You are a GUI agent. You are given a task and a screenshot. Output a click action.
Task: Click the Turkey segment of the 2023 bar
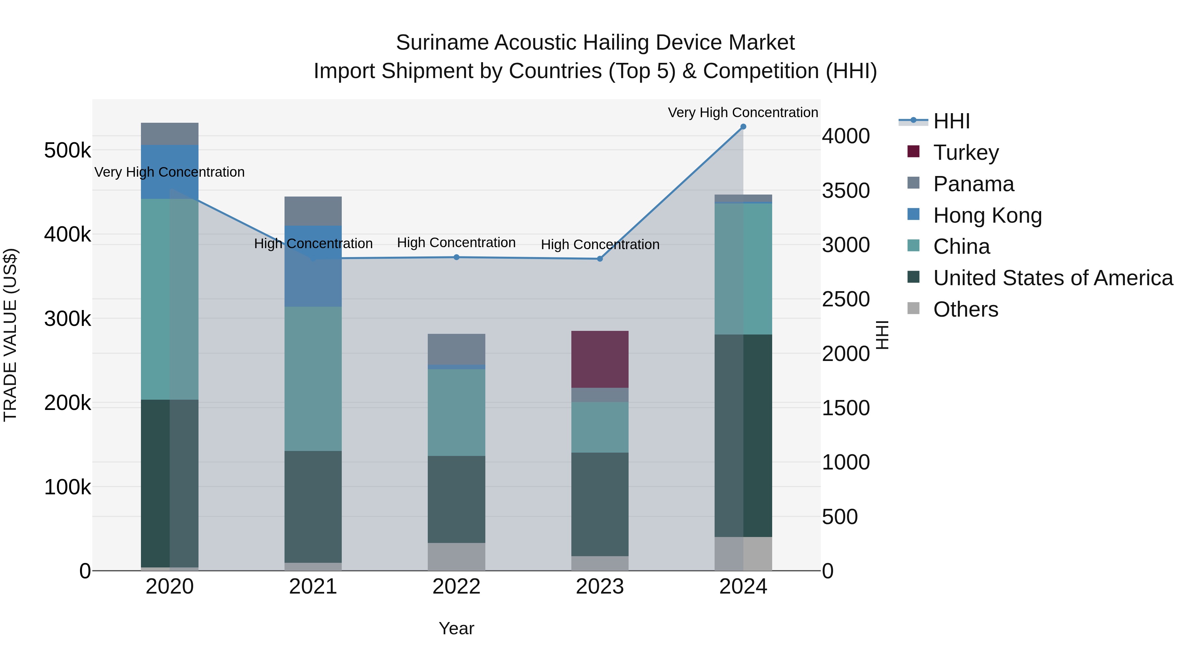[600, 359]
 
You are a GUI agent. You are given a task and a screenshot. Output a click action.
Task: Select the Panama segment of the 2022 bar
[456, 349]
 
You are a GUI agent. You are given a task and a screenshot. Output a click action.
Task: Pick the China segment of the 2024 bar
[743, 269]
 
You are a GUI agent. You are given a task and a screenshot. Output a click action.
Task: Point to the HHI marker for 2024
[743, 127]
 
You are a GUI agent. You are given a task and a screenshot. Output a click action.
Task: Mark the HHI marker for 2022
[456, 257]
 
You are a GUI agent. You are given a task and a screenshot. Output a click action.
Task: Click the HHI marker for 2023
[600, 259]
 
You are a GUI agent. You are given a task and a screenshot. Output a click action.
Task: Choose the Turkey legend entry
[965, 153]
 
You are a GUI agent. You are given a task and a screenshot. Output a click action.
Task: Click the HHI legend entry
[951, 121]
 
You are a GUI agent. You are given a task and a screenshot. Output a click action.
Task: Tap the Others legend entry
[965, 310]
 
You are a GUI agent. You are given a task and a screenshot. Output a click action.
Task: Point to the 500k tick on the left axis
[67, 151]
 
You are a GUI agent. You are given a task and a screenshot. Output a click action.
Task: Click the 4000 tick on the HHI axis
[846, 136]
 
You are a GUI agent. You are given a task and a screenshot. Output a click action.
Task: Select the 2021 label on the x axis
[313, 587]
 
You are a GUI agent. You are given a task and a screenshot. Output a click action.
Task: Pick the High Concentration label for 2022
[456, 242]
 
